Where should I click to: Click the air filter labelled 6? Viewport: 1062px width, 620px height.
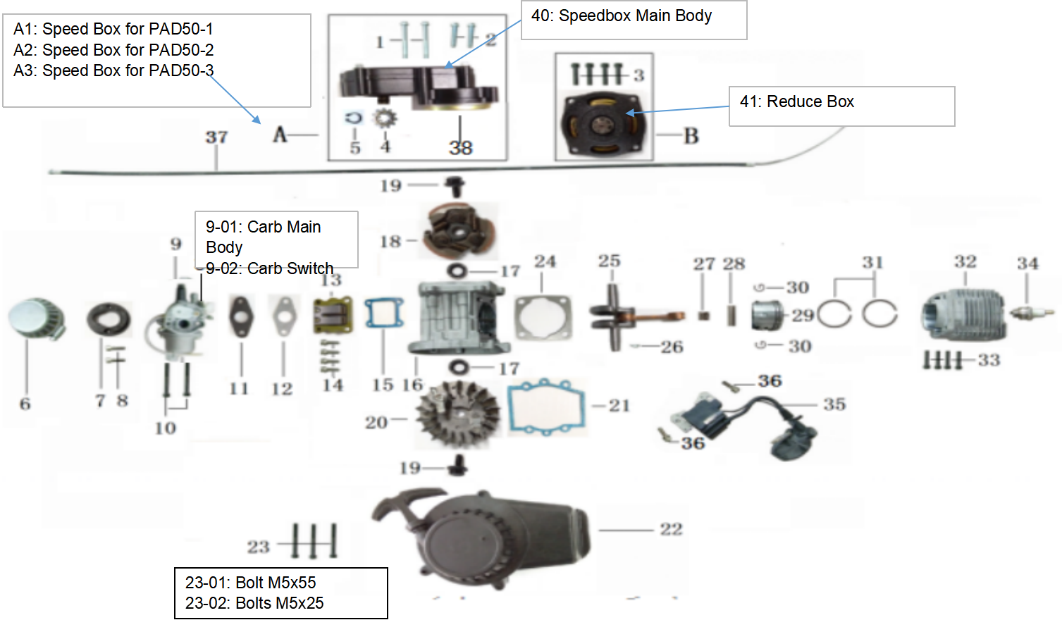coord(37,318)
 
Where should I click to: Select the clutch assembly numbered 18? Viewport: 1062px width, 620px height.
coord(459,230)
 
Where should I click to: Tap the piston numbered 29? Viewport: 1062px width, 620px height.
coord(766,315)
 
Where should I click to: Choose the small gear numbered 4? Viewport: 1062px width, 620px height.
coord(385,118)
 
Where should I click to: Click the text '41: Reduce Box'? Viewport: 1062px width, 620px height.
coord(796,101)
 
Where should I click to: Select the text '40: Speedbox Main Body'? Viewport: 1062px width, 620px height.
coord(621,15)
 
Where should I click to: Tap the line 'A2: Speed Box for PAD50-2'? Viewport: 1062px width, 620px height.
coord(113,50)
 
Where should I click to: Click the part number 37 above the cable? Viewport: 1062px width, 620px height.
coord(216,137)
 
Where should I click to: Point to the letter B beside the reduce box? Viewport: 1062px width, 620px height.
coord(691,135)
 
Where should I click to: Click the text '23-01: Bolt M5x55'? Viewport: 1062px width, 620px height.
coord(250,583)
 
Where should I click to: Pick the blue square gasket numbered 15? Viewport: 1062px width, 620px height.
coord(384,314)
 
